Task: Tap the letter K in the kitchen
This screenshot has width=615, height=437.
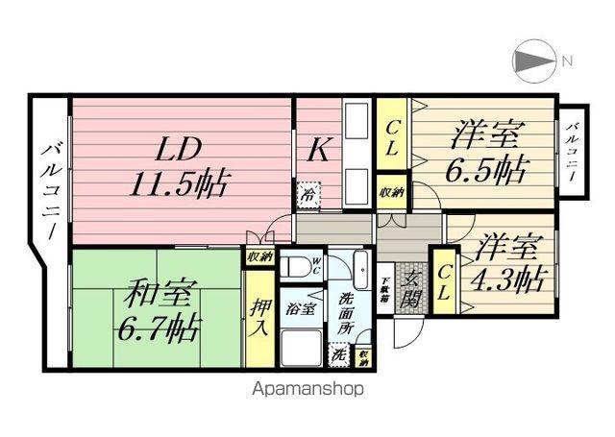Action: tap(318, 150)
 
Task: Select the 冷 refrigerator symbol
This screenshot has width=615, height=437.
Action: tap(307, 192)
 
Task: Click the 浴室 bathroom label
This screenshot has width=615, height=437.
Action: tap(301, 309)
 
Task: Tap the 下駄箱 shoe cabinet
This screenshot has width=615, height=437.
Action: tap(382, 288)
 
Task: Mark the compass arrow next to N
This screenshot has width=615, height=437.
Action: tap(531, 61)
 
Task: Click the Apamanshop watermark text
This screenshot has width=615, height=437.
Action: tap(307, 389)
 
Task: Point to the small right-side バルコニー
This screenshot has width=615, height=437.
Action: tap(573, 148)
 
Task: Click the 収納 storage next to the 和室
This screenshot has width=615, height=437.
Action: tap(258, 256)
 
